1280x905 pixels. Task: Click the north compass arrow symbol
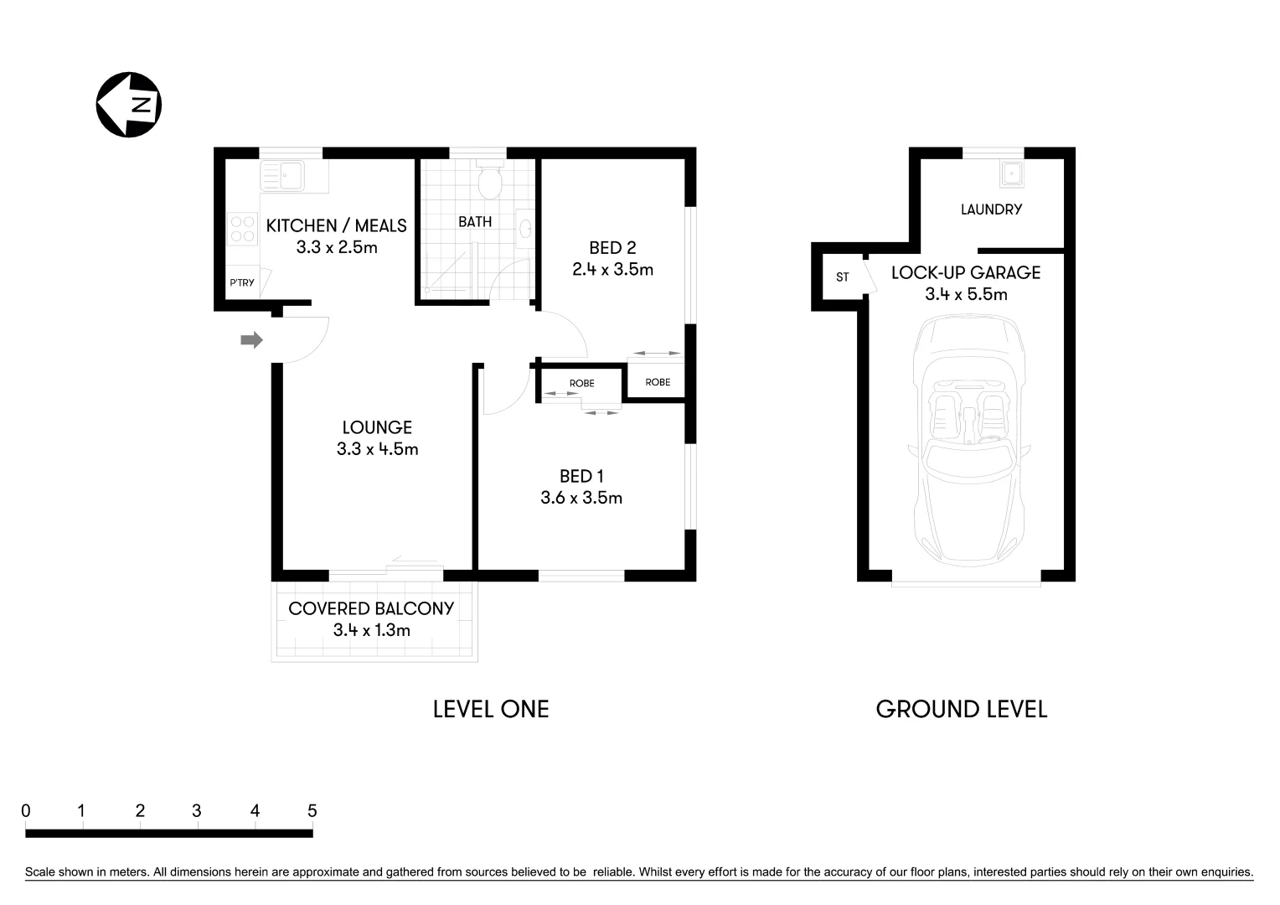[x=128, y=105]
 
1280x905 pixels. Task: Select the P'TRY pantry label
[x=242, y=283]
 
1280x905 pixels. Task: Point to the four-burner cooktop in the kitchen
[x=243, y=229]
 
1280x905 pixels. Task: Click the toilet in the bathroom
[x=489, y=179]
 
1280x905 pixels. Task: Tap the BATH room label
[x=475, y=222]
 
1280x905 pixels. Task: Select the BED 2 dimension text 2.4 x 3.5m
[x=612, y=270]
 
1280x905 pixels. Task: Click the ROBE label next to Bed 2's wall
[x=658, y=382]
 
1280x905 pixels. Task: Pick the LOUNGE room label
[x=377, y=427]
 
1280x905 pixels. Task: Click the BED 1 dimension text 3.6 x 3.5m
[x=581, y=498]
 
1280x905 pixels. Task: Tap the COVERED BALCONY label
[x=371, y=608]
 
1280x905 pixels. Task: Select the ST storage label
[x=842, y=277]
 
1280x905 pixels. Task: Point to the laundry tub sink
[x=1011, y=173]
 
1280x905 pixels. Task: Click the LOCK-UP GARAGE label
[x=966, y=272]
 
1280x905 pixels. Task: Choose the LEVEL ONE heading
[x=491, y=709]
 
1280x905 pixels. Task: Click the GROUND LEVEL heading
[x=962, y=709]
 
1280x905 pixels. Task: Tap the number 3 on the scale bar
[x=196, y=810]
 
